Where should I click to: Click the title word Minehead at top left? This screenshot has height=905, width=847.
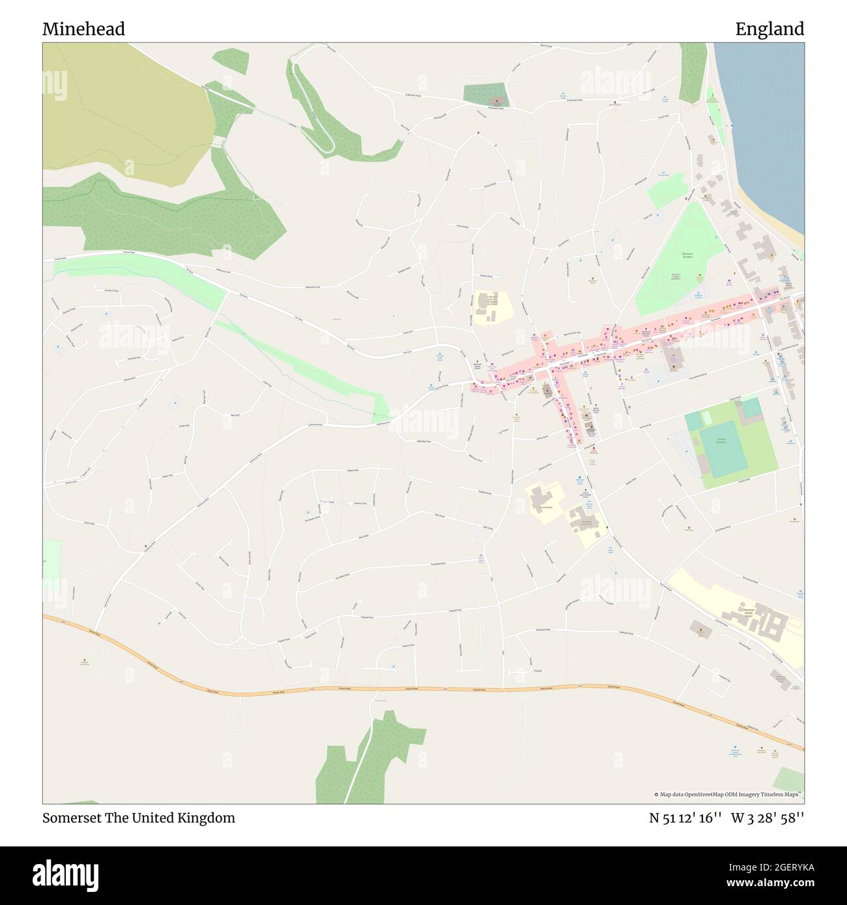[x=83, y=29]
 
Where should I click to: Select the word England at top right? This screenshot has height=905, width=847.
[x=769, y=29]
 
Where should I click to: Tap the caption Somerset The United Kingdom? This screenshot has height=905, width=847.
[x=139, y=818]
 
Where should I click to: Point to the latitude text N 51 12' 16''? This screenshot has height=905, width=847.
[x=685, y=818]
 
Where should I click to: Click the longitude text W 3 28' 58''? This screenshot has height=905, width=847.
[x=768, y=818]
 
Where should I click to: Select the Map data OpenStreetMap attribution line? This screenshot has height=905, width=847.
[x=728, y=794]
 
